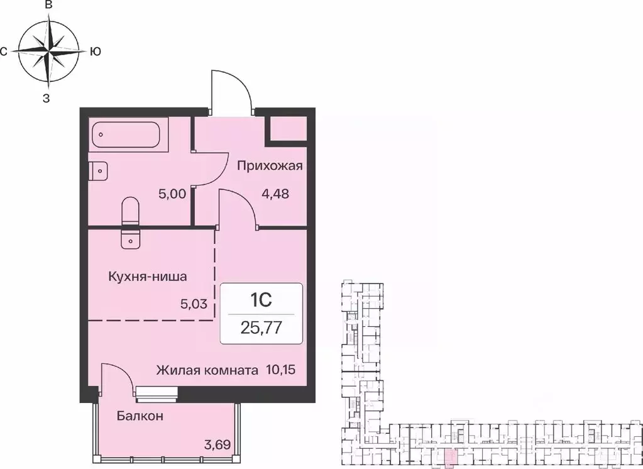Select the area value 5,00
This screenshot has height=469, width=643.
pyautogui.click(x=172, y=194)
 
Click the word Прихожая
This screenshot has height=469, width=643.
pyautogui.click(x=270, y=166)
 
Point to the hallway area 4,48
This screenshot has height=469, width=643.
pyautogui.click(x=275, y=194)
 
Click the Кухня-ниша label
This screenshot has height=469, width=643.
pyautogui.click(x=147, y=276)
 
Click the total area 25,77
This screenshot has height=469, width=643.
pyautogui.click(x=261, y=328)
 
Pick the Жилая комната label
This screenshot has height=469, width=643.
pyautogui.click(x=207, y=370)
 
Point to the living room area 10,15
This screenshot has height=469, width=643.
pyautogui.click(x=280, y=370)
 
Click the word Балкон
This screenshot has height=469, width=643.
pyautogui.click(x=140, y=416)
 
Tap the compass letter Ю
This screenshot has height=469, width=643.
pyautogui.click(x=96, y=52)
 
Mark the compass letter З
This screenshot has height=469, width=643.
pyautogui.click(x=46, y=97)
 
